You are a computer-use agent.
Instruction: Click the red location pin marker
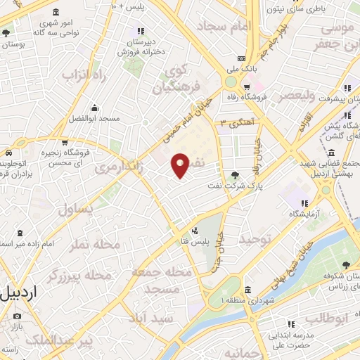[181, 165]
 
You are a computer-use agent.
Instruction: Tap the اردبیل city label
[15, 293]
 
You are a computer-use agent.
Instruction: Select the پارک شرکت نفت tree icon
[235, 175]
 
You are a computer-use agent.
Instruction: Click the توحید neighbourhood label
[255, 240]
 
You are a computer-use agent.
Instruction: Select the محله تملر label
[95, 245]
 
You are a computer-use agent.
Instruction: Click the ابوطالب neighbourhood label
[326, 317]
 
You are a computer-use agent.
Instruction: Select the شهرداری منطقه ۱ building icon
[247, 290]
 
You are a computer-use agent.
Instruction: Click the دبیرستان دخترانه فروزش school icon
[141, 31]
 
